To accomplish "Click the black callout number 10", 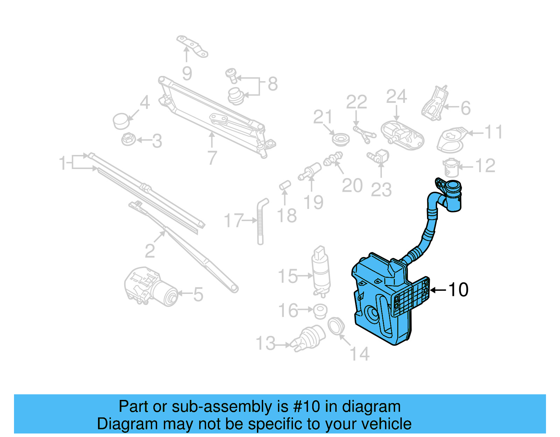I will (x=458, y=290).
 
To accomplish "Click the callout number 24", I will (x=396, y=97).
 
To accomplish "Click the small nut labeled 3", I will (x=128, y=139).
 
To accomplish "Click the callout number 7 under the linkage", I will (x=212, y=158).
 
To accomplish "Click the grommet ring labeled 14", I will (x=336, y=326).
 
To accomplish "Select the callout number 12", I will (x=485, y=165).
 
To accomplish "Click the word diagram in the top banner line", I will (x=371, y=407).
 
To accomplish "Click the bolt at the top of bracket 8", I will (x=231, y=75).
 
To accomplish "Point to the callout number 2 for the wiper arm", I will (x=150, y=251).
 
